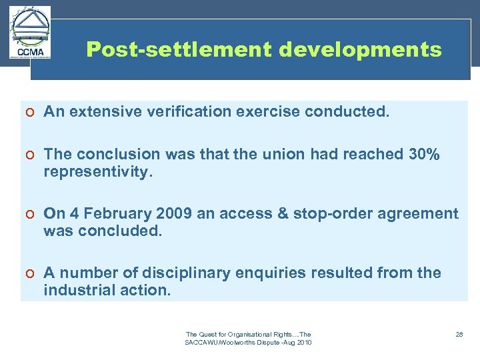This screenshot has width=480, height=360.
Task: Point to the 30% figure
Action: pos(424,154)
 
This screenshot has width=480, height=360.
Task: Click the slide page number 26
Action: pos(459,334)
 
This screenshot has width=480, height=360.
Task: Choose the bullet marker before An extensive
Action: pos(31,112)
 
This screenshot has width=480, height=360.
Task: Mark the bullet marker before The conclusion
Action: pos(31,155)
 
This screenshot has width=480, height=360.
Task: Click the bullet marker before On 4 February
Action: pos(31,215)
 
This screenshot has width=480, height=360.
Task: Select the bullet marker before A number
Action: pos(31,273)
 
